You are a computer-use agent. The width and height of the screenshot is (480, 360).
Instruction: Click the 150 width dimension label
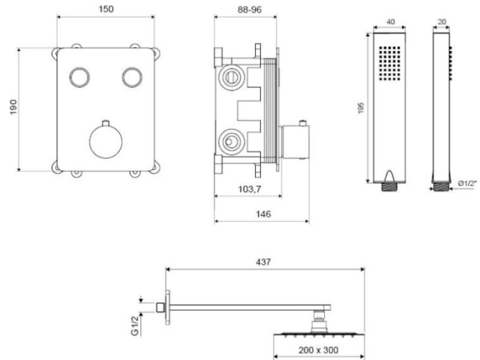click(106, 9)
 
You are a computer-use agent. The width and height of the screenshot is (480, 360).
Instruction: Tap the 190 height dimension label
click(13, 107)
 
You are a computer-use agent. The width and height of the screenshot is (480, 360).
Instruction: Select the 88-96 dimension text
click(250, 10)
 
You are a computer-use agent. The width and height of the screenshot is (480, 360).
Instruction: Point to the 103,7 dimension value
click(250, 189)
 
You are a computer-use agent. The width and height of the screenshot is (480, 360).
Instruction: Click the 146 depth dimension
click(263, 214)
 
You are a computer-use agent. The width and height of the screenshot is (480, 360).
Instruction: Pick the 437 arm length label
click(263, 262)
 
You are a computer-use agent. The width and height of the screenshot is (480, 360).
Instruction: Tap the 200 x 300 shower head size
click(319, 350)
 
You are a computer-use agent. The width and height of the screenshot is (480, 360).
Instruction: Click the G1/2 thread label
click(135, 325)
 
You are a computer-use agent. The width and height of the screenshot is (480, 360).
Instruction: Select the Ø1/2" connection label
click(468, 184)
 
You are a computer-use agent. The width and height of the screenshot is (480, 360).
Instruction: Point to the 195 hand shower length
click(361, 108)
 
